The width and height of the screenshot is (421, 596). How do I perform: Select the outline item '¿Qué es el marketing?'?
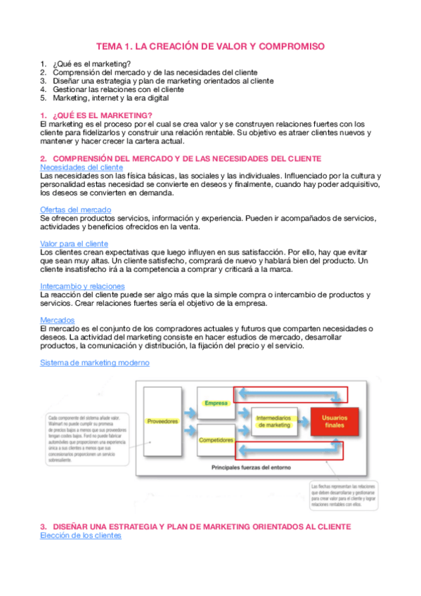pyautogui.click(x=91, y=65)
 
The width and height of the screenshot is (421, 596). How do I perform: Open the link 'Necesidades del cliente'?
pyautogui.click(x=82, y=167)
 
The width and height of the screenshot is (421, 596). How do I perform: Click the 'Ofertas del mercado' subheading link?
pyautogui.click(x=76, y=209)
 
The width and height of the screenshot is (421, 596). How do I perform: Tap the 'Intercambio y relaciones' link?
pyautogui.click(x=83, y=286)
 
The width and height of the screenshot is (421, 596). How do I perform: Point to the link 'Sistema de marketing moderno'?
pyautogui.click(x=94, y=363)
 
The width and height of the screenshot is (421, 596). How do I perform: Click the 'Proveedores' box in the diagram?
pyautogui.click(x=162, y=421)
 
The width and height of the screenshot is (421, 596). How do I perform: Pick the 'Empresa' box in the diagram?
pyautogui.click(x=216, y=403)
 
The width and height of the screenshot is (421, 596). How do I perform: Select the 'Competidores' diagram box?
pyautogui.click(x=216, y=440)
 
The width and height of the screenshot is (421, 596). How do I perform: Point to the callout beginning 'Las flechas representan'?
pyautogui.click(x=345, y=500)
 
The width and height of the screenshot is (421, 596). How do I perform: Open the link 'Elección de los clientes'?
pyautogui.click(x=81, y=536)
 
